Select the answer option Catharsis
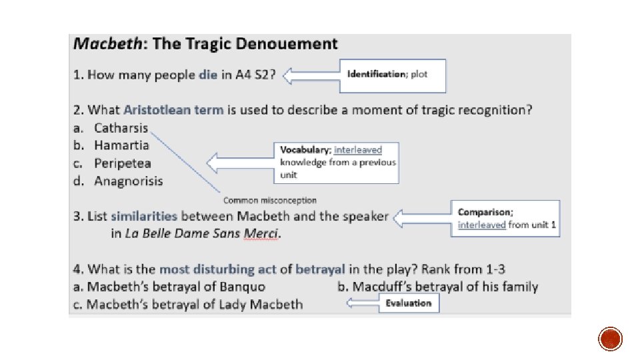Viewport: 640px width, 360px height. coord(121,127)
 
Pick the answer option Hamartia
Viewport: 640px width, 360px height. coord(121,145)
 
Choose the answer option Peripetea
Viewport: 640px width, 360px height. coord(123,163)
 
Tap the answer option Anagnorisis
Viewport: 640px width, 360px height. coord(128,181)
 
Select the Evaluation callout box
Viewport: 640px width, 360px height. coord(409,303)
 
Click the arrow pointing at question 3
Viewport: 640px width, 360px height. coord(421,217)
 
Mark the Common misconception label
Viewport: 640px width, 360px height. coord(269,200)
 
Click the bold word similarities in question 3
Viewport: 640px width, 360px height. coord(144,216)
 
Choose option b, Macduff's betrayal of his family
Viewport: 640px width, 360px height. coord(438,287)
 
